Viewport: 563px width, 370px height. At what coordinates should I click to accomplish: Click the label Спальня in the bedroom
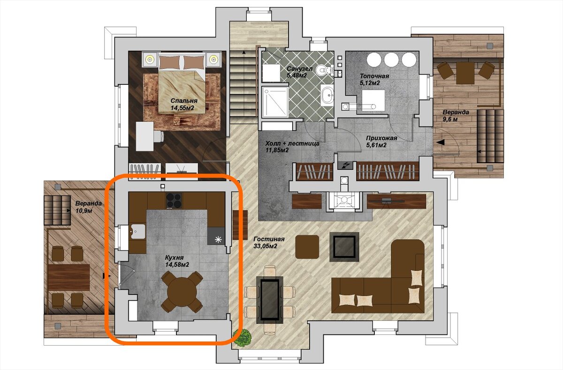click(184, 101)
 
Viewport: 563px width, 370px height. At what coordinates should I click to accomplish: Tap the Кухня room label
click(174, 258)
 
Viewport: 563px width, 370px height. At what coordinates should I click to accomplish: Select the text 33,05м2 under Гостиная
click(265, 246)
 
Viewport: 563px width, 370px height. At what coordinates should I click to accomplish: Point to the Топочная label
click(374, 76)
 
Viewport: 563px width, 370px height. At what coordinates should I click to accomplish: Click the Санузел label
click(299, 68)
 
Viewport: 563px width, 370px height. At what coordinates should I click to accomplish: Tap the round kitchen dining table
click(182, 292)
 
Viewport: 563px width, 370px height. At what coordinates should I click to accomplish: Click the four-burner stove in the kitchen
click(174, 200)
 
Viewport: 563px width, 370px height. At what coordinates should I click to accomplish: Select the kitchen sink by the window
click(138, 231)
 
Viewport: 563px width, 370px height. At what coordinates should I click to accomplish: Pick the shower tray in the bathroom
click(275, 102)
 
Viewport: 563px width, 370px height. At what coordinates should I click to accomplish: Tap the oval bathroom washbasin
click(328, 95)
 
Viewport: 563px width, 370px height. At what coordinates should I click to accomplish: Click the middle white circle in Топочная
click(391, 60)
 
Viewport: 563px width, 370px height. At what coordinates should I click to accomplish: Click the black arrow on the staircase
click(243, 52)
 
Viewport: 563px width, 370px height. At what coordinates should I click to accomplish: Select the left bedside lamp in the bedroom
click(150, 60)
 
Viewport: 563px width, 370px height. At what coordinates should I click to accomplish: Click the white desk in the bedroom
click(145, 136)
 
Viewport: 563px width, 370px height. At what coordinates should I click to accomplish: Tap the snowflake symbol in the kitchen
click(218, 240)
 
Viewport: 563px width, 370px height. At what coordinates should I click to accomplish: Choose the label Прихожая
click(381, 138)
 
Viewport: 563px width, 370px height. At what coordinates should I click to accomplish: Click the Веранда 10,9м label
click(89, 207)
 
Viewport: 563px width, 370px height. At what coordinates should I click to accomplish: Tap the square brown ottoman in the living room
click(307, 247)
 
